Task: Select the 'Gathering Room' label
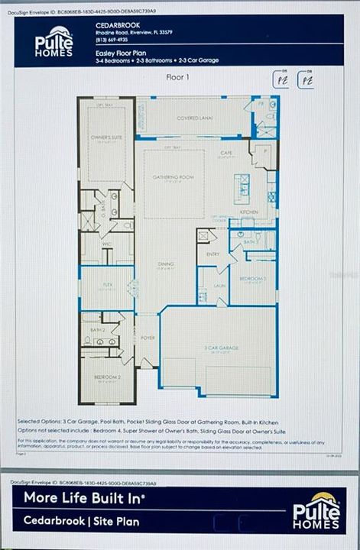[x=170, y=176]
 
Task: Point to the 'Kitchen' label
[x=250, y=212]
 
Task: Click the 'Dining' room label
[x=166, y=264]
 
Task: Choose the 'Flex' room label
[x=108, y=282]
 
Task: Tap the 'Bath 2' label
[x=96, y=329]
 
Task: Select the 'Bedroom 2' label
[x=108, y=377]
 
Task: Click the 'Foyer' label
[x=147, y=338]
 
